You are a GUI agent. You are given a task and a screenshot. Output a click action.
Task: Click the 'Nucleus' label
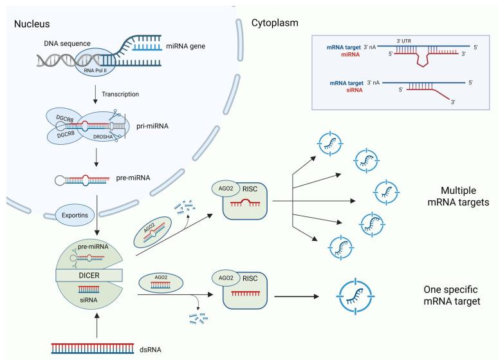(x=33, y=24)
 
